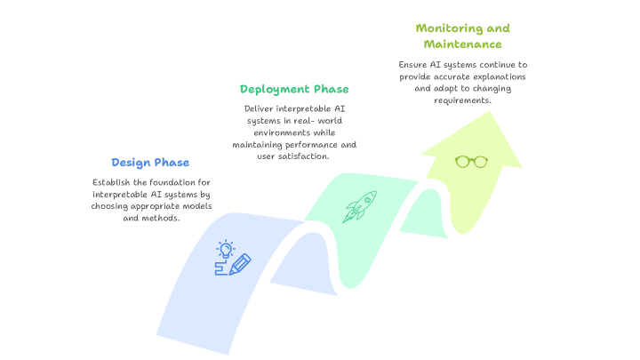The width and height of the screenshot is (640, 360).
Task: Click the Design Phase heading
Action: pyautogui.click(x=150, y=163)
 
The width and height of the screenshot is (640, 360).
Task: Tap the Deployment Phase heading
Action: pyautogui.click(x=294, y=90)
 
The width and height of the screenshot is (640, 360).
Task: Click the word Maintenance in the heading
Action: pyautogui.click(x=462, y=44)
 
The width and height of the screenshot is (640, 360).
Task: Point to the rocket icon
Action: pyautogui.click(x=359, y=207)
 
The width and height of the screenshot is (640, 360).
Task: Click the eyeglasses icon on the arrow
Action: pyautogui.click(x=471, y=161)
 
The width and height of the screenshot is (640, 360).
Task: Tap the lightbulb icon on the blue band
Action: pyautogui.click(x=226, y=248)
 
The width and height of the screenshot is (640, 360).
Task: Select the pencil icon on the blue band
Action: pyautogui.click(x=238, y=265)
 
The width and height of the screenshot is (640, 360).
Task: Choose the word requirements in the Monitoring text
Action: pyautogui.click(x=462, y=100)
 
